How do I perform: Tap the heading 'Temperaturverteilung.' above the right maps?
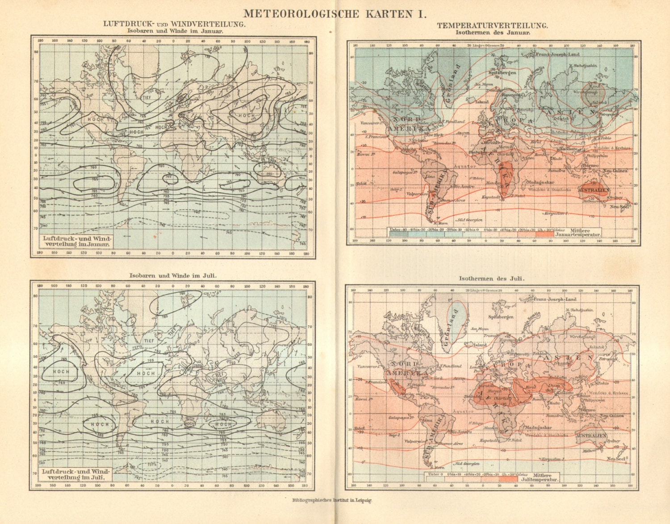[492, 25]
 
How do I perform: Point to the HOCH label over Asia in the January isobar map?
[246, 115]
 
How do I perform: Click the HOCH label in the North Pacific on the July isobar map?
[61, 371]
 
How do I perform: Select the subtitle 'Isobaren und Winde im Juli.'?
[173, 276]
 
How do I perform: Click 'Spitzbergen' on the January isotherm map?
[502, 72]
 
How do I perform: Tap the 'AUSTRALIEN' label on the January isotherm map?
[594, 190]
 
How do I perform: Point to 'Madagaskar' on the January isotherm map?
[540, 182]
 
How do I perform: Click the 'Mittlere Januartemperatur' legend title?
[578, 233]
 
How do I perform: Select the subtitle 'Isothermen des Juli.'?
[491, 278]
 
